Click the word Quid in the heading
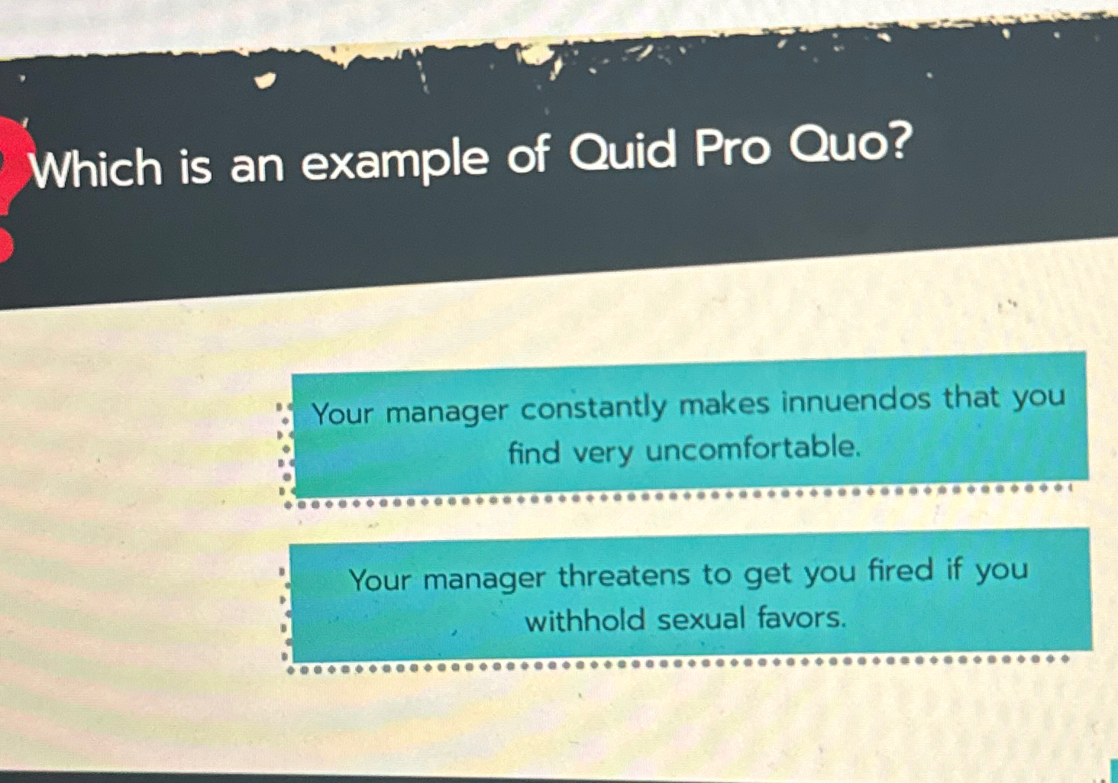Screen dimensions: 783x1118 pos(622,150)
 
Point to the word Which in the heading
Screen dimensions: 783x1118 pos(96,169)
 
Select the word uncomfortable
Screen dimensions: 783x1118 pos(753,448)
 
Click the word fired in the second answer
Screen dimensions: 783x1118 pos(900,571)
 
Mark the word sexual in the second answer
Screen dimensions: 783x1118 pos(700,618)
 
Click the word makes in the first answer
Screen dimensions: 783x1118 pos(724,403)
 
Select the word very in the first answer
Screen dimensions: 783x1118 pos(603,452)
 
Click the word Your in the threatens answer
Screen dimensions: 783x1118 pos(380,580)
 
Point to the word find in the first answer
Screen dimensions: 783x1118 pos(534,452)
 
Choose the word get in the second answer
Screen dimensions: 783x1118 pos(768,574)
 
